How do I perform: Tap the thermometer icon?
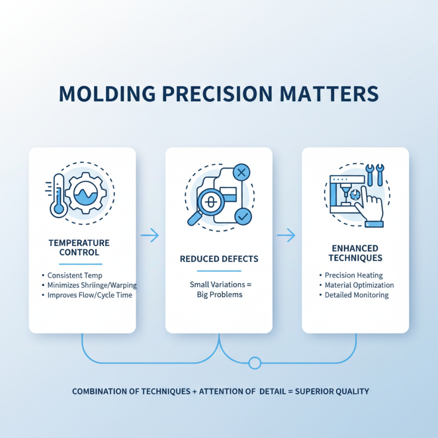tap(57, 194)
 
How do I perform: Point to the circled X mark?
tap(241, 174)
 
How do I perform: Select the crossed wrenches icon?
tap(375, 174)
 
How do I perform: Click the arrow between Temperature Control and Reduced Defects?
tap(149, 235)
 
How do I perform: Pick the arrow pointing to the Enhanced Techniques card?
tap(286, 235)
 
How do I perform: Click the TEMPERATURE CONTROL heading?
tap(79, 247)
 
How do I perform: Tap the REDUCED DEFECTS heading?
tap(218, 258)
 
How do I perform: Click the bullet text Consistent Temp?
tap(74, 275)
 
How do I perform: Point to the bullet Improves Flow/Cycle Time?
tap(90, 295)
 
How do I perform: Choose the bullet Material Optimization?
tap(359, 285)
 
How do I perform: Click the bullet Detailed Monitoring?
tap(356, 295)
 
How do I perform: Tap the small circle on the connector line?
tap(254, 362)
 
